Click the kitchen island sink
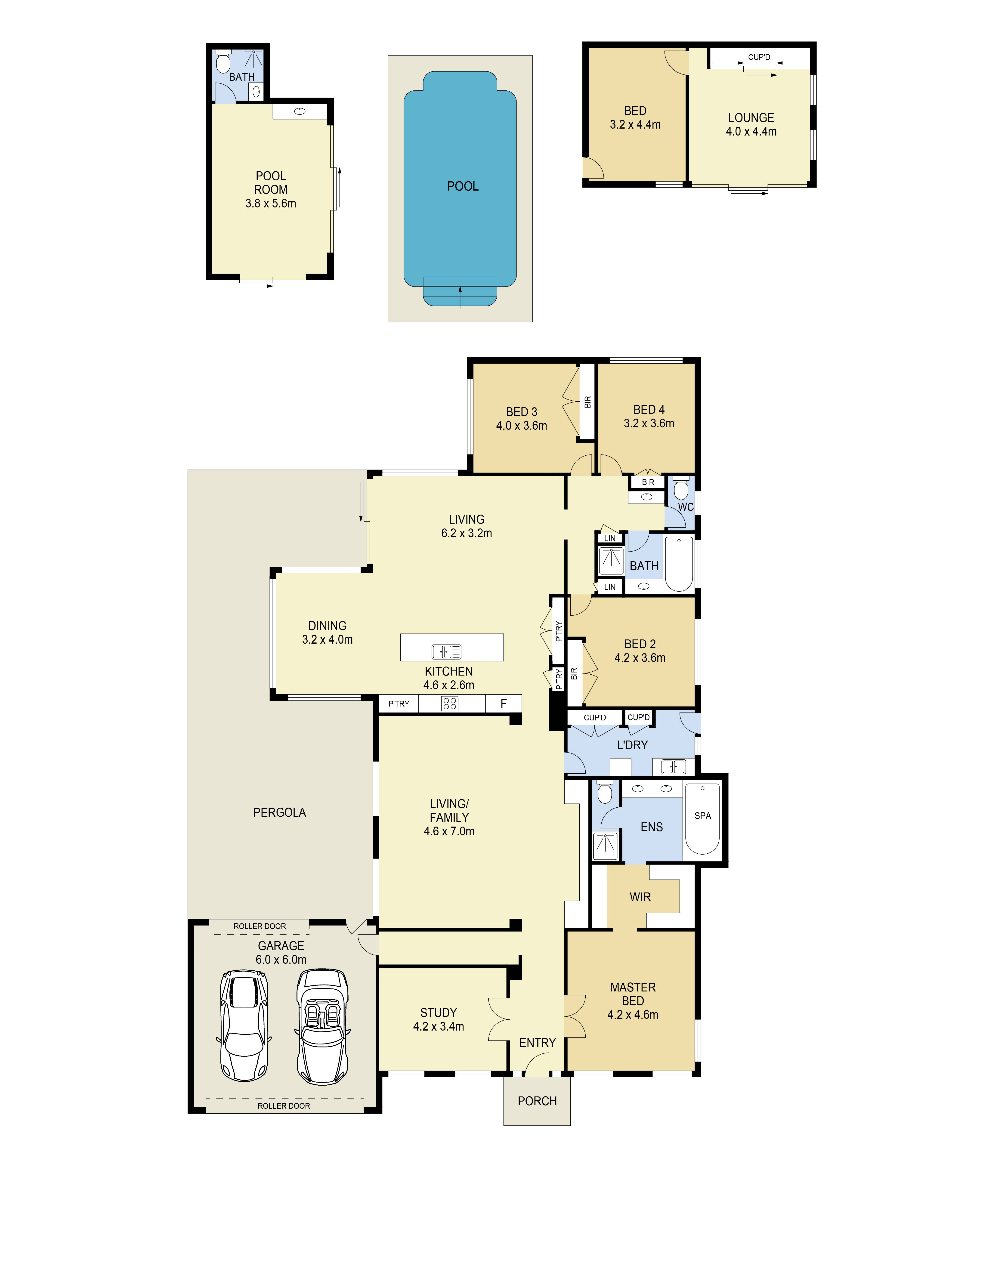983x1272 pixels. click(446, 651)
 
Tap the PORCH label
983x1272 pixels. click(537, 1101)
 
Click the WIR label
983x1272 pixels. click(640, 897)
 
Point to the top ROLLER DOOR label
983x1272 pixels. click(260, 926)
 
